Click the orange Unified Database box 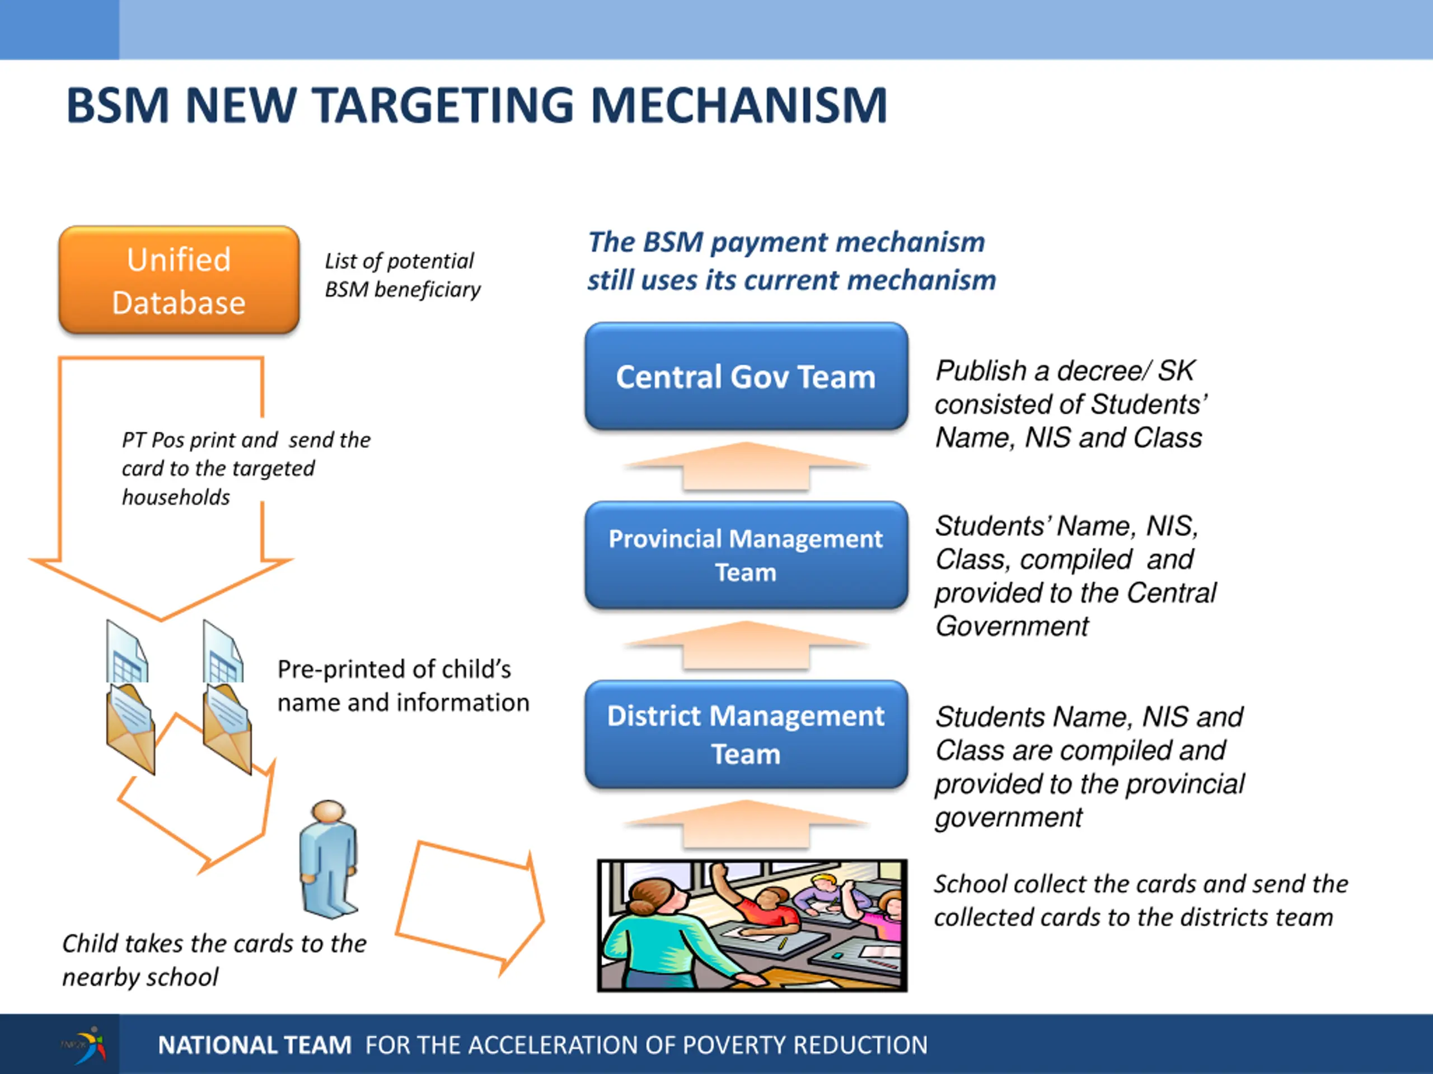click(x=179, y=280)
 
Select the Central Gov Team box click(x=746, y=376)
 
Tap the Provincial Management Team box click(x=746, y=555)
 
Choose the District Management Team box click(x=746, y=734)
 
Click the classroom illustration click(x=751, y=925)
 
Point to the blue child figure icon click(x=329, y=861)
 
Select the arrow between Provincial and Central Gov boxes click(x=746, y=468)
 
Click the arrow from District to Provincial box click(x=746, y=646)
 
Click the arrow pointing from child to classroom click(x=470, y=906)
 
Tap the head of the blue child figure click(x=329, y=812)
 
